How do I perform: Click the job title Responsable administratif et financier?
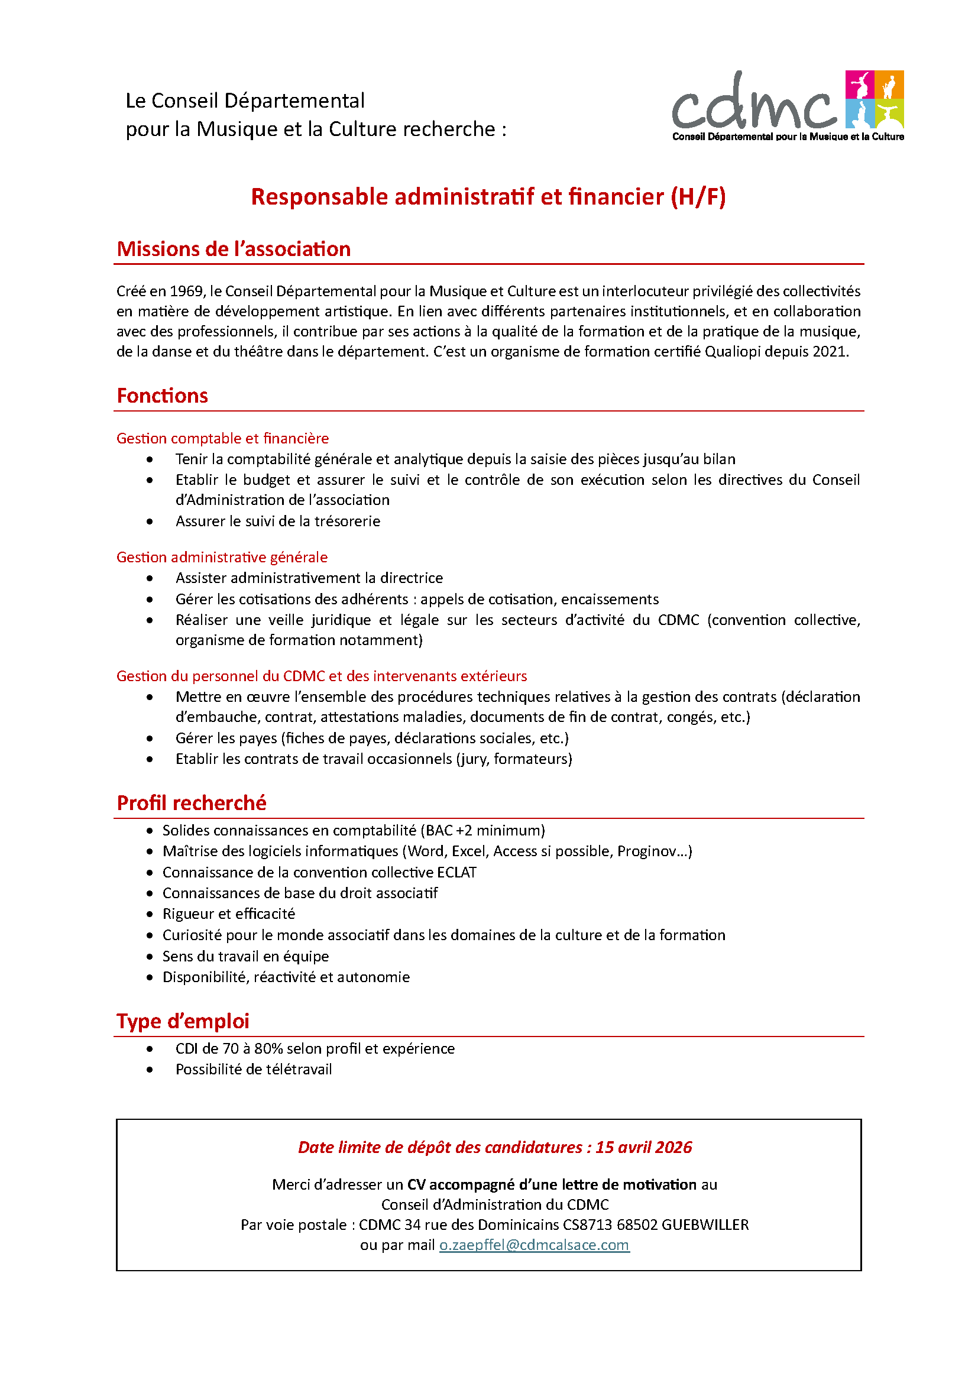488,197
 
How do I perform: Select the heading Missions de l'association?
234,249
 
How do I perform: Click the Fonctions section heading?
162,396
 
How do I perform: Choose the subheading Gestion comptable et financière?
222,439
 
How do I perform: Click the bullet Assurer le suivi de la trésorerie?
278,521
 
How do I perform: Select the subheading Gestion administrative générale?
222,557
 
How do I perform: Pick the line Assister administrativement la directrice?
309,578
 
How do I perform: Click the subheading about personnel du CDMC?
321,676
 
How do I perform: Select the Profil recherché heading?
192,803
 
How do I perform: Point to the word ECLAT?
457,873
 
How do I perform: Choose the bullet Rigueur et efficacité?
229,914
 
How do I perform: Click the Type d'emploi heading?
183,1021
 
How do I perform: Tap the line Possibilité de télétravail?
254,1069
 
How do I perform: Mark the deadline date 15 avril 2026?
644,1147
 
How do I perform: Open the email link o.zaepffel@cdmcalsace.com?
534,1245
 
